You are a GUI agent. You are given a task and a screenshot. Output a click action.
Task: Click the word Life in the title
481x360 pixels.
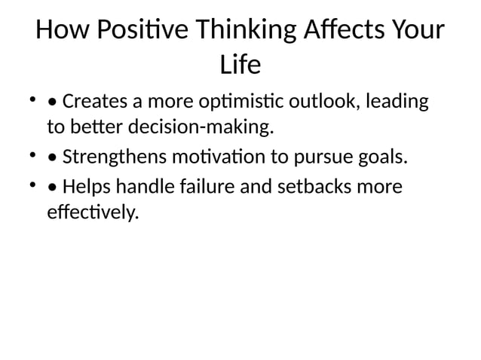pos(240,66)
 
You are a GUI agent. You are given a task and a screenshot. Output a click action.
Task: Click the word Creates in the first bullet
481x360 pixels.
pos(94,101)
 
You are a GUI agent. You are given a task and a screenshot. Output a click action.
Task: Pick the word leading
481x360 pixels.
pos(400,101)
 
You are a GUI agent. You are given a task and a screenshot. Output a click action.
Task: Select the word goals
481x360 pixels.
pos(380,157)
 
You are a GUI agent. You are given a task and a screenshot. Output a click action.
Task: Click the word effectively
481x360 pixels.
pos(93,213)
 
